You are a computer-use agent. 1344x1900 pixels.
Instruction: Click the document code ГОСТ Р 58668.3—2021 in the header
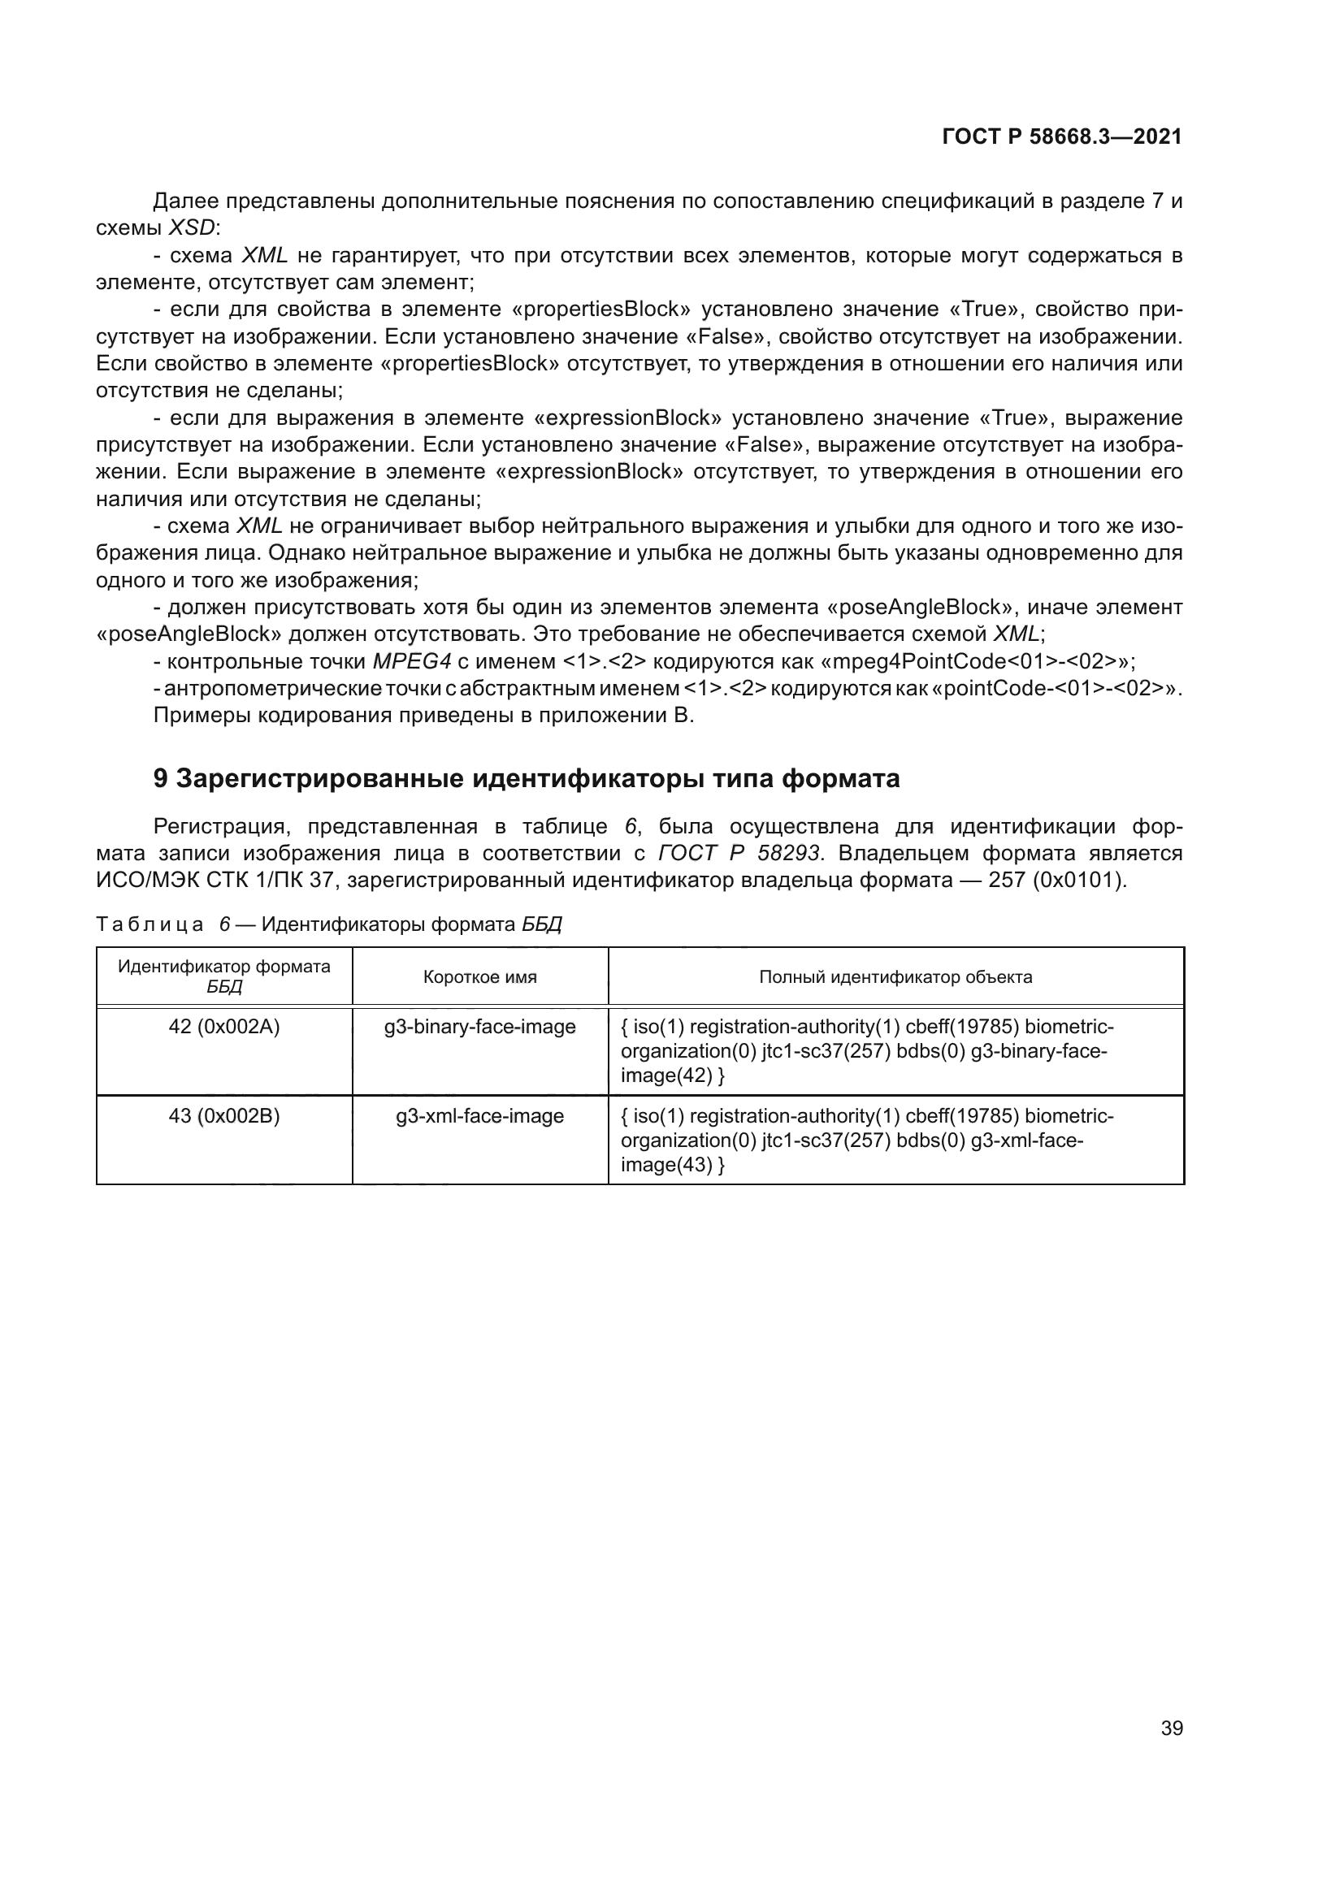point(1062,136)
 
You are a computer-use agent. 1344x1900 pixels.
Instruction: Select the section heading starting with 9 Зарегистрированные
point(527,779)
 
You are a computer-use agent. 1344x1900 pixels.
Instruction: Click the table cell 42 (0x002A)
point(224,1027)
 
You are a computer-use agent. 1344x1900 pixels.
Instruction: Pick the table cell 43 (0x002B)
point(224,1116)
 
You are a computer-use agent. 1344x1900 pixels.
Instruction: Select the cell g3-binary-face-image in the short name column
point(480,1027)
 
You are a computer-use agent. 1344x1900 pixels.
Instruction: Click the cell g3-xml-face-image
point(480,1116)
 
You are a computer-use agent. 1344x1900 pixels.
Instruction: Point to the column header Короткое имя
point(480,977)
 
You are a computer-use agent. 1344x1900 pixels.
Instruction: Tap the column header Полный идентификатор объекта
point(895,977)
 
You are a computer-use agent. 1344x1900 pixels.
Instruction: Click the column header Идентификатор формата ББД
point(224,976)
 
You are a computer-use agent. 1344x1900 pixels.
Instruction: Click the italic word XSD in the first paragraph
point(191,227)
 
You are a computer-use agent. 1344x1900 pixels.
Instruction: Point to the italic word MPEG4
point(411,661)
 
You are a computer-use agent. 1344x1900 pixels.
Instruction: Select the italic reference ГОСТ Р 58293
point(738,852)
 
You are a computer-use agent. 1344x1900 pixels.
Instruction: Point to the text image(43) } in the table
point(672,1165)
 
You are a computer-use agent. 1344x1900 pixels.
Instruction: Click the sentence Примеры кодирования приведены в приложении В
point(423,715)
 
